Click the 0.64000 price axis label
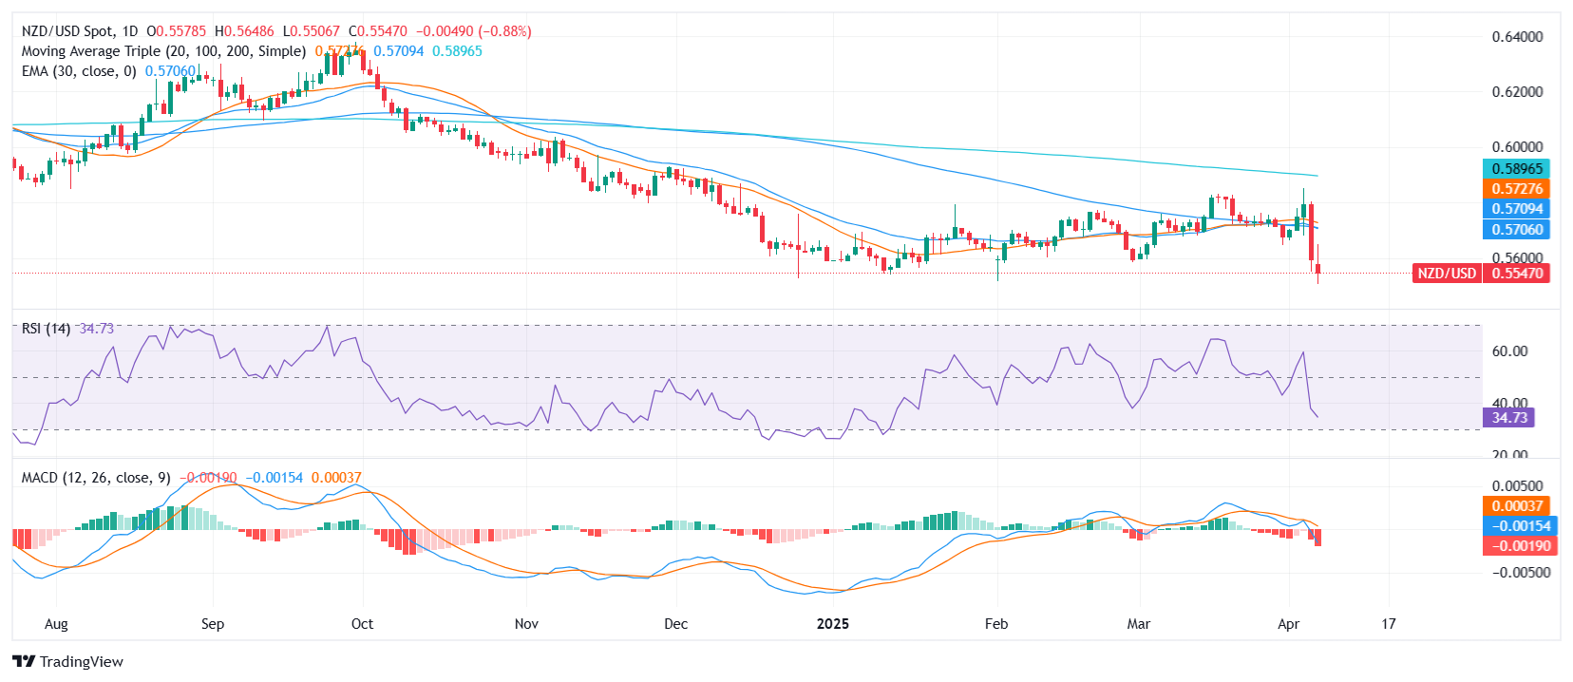(1517, 37)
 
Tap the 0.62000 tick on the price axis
(1517, 92)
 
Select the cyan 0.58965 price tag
(1516, 169)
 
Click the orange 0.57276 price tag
(1516, 189)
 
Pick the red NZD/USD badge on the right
(1446, 274)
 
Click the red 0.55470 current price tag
(1516, 274)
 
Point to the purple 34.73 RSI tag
(1508, 418)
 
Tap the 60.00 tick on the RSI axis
(1509, 351)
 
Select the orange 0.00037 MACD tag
(1516, 506)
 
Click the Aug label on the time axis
(56, 624)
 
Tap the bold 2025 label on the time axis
(832, 624)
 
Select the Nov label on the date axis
(526, 624)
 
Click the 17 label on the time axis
(1389, 624)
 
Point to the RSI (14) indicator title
(46, 329)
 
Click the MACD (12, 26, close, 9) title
(96, 478)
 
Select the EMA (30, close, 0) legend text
(79, 71)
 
